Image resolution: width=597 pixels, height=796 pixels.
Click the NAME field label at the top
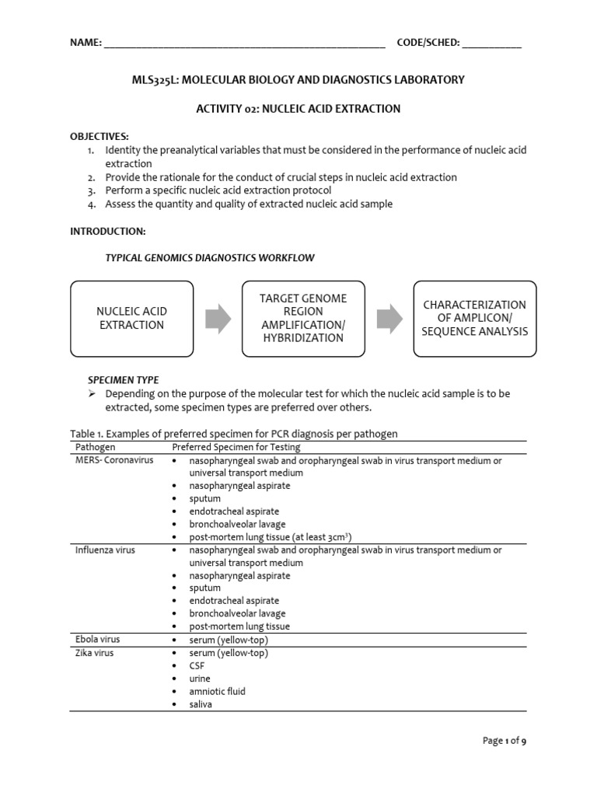[86, 43]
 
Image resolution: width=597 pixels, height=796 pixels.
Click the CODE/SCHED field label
[428, 43]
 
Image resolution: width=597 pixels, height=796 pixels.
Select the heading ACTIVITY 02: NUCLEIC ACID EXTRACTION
[298, 109]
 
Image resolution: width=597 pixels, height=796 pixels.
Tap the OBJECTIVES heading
[99, 136]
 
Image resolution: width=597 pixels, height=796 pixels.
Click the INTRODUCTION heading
[107, 232]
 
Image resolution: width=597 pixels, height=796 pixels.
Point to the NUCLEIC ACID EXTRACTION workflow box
[132, 319]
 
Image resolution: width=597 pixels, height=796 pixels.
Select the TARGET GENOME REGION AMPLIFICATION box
[303, 319]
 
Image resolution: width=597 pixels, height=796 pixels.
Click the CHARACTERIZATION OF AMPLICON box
[474, 319]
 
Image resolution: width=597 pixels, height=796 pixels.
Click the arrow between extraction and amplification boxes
[218, 319]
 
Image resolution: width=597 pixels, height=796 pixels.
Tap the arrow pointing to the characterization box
[389, 319]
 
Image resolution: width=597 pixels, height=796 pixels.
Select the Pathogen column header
[95, 447]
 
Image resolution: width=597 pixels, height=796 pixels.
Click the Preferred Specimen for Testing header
[236, 447]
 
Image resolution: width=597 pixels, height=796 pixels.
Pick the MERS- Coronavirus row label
[114, 460]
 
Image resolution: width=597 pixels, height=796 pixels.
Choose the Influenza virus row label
[105, 550]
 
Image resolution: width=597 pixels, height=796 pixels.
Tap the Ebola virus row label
[97, 640]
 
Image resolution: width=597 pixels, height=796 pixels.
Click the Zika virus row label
[94, 653]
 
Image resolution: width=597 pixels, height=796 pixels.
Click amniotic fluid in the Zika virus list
[217, 691]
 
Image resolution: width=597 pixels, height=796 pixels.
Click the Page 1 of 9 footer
[504, 741]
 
